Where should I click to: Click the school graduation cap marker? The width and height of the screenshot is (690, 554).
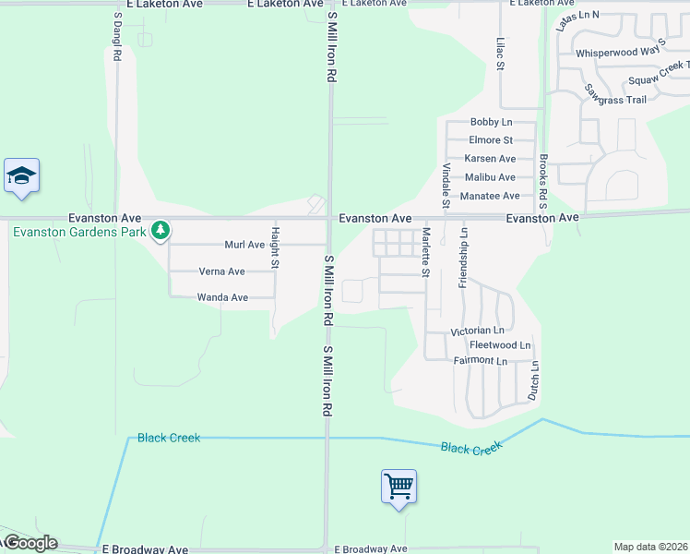[x=21, y=176]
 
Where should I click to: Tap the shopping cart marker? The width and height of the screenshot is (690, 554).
[x=399, y=486]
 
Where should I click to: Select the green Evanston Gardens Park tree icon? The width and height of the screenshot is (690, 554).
[x=161, y=229]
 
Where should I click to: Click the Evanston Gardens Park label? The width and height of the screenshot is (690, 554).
[x=79, y=232]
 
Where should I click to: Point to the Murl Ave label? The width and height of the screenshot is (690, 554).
[x=244, y=245]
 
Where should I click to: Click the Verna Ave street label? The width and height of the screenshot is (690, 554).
[x=222, y=271]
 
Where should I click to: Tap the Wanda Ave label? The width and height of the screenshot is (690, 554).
[x=222, y=297]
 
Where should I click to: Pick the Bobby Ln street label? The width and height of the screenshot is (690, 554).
[x=490, y=122]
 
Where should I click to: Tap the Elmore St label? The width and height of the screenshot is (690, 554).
[x=490, y=140]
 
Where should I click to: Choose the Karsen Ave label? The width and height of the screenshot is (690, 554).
[x=490, y=159]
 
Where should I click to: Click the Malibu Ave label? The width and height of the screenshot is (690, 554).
[x=490, y=177]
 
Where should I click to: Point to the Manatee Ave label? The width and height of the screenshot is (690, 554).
[x=490, y=196]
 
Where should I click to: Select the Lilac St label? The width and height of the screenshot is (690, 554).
[x=500, y=53]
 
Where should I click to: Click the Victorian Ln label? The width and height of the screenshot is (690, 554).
[x=477, y=331]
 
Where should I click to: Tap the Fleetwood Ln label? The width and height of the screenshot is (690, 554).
[x=500, y=345]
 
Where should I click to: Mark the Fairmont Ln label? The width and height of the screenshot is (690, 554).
[x=480, y=360]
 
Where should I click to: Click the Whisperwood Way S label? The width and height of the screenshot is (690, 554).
[x=620, y=54]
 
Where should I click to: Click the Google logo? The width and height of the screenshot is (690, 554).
[x=30, y=543]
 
